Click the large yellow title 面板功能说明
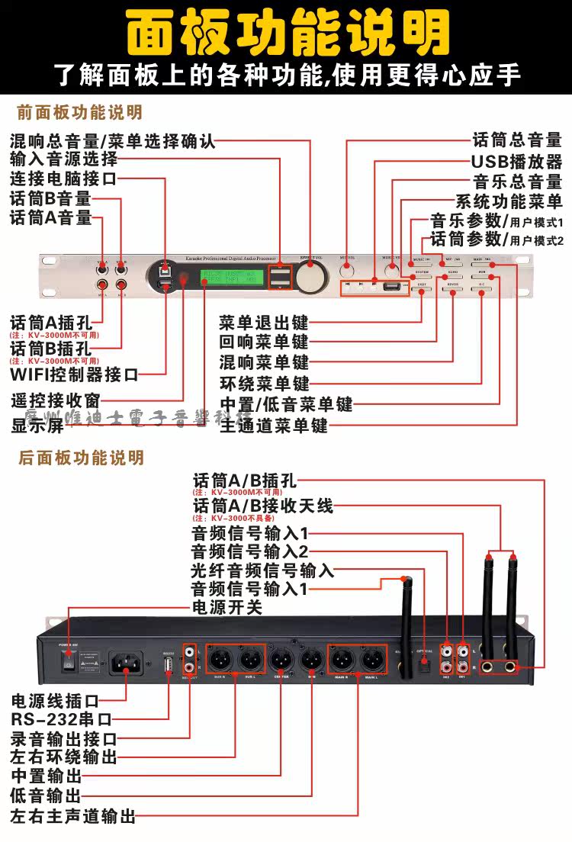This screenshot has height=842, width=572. pos(286,32)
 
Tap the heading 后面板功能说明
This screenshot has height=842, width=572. pos(81,458)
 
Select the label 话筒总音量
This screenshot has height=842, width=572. pos(517,140)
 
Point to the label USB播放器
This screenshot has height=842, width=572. pos(516,161)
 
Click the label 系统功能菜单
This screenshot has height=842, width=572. pos(509,202)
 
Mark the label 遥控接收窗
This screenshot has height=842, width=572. pos(56,400)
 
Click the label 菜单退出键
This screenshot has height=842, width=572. pos(263,320)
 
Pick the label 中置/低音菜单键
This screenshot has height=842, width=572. pos(286,404)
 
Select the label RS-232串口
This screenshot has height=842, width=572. pos(61,718)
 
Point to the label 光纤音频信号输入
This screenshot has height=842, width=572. pos(262,570)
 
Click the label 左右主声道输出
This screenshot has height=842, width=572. pos(72,817)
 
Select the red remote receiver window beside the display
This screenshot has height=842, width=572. pos(183,278)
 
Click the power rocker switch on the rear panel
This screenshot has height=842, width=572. pos(69,663)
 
